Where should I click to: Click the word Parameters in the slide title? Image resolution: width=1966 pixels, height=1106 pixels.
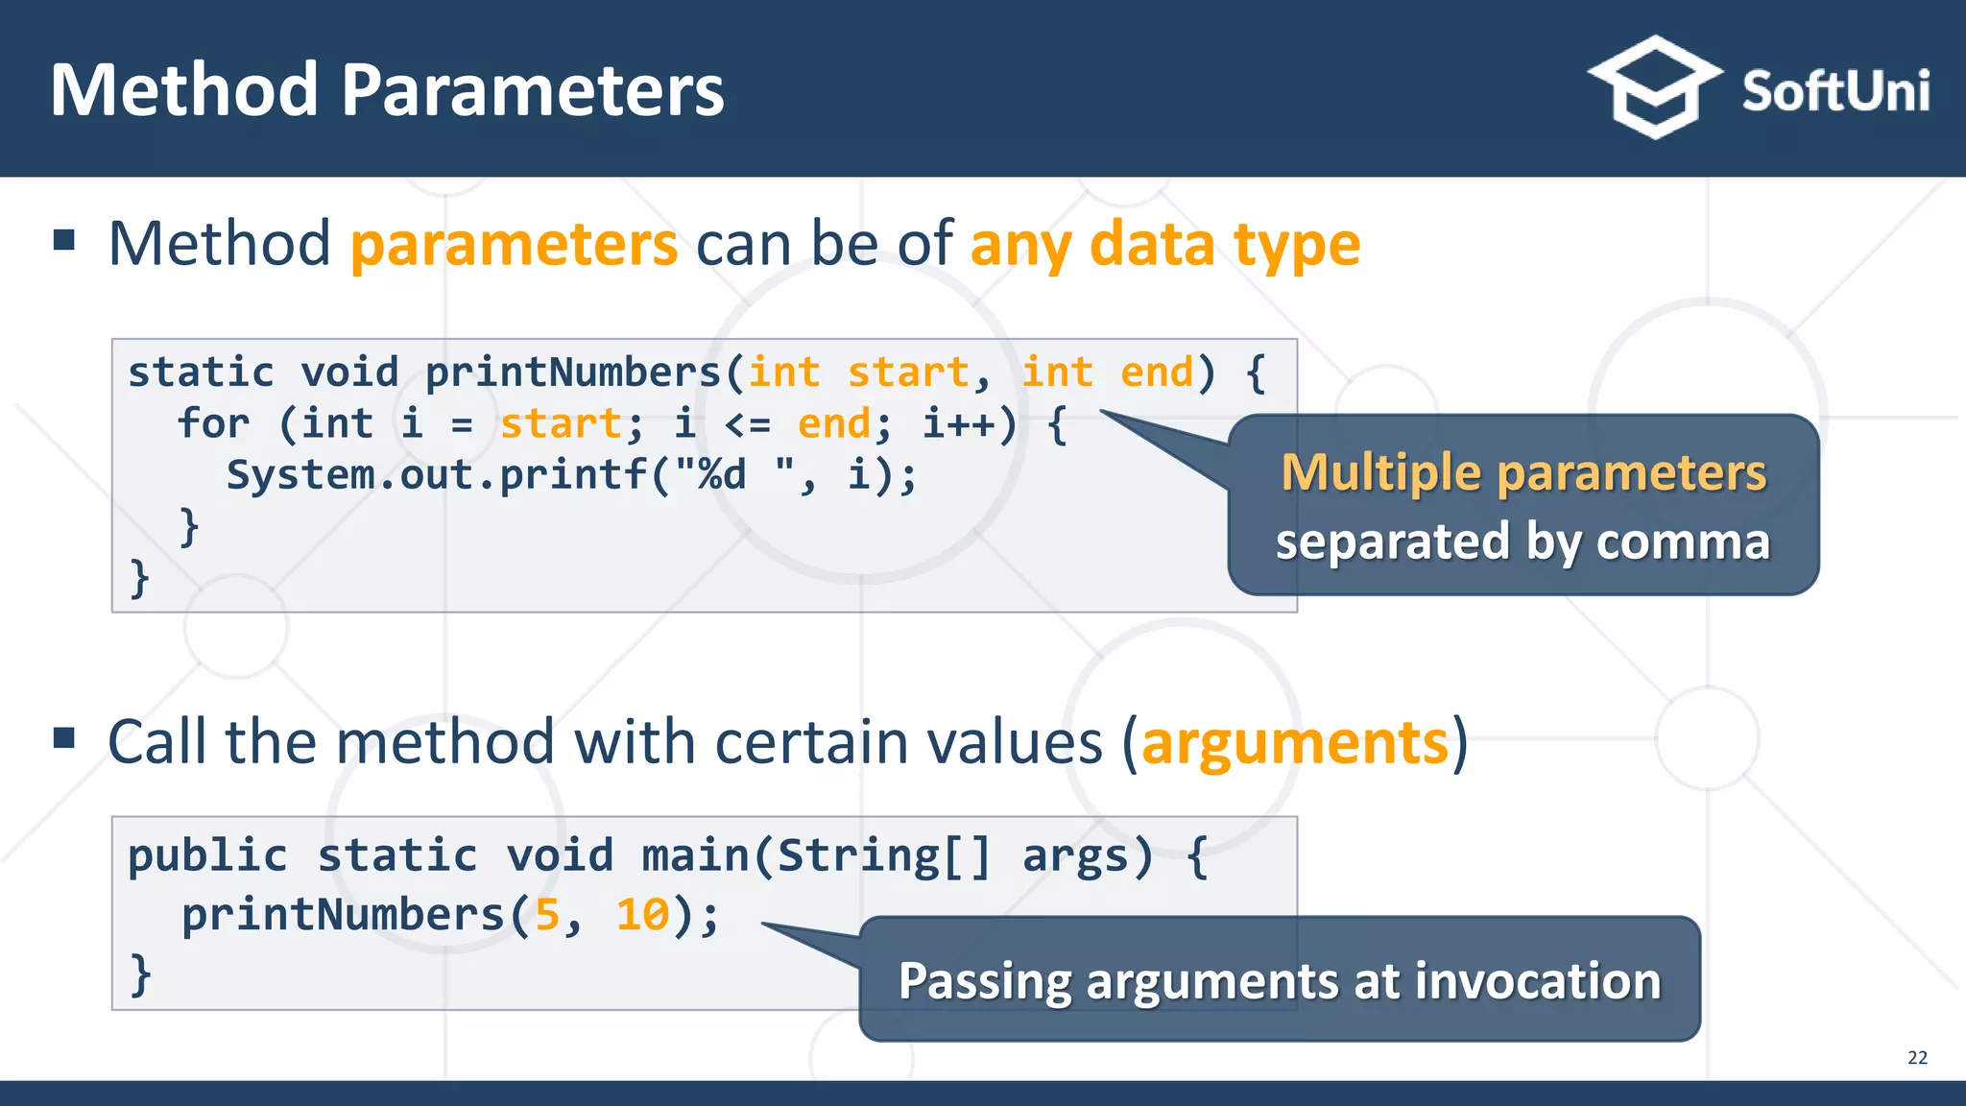532,90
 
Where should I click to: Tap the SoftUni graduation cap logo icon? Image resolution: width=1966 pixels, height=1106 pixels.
1654,87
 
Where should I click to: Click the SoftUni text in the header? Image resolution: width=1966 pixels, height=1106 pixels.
1834,92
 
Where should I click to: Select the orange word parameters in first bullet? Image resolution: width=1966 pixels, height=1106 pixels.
514,244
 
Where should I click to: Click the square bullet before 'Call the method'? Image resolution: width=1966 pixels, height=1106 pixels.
64,738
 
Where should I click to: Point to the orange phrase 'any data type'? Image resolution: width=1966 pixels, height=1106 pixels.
1164,244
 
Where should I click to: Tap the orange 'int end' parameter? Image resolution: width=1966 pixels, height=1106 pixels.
1107,373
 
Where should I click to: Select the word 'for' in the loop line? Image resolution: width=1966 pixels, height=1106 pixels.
212,423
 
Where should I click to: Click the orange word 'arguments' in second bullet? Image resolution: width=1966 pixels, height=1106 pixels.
1294,742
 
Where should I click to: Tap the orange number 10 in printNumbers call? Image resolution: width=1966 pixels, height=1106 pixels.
642,915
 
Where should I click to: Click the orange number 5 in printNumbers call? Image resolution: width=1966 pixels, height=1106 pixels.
547,915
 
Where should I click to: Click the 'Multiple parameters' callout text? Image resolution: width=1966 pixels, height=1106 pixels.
1523,472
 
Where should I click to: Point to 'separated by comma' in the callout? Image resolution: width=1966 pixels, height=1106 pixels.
1522,541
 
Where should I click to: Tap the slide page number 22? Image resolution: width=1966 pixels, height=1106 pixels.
1917,1057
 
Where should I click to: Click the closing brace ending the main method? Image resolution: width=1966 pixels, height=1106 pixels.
140,974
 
